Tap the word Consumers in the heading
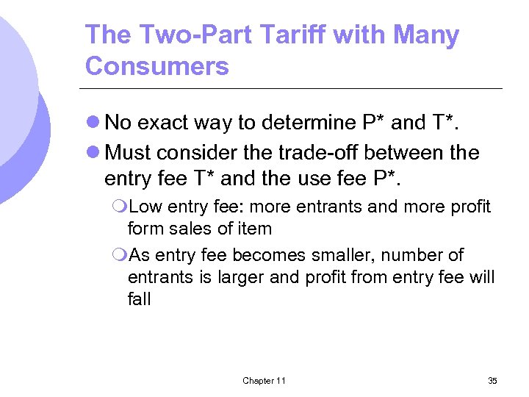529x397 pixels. (156, 66)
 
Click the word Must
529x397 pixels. (129, 153)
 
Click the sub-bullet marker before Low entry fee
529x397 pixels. (120, 207)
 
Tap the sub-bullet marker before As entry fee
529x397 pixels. (120, 256)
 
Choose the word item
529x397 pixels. (254, 229)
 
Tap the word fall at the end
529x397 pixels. (139, 299)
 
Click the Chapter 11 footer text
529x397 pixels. (264, 380)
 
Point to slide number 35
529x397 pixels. (492, 380)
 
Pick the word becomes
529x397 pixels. (253, 256)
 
